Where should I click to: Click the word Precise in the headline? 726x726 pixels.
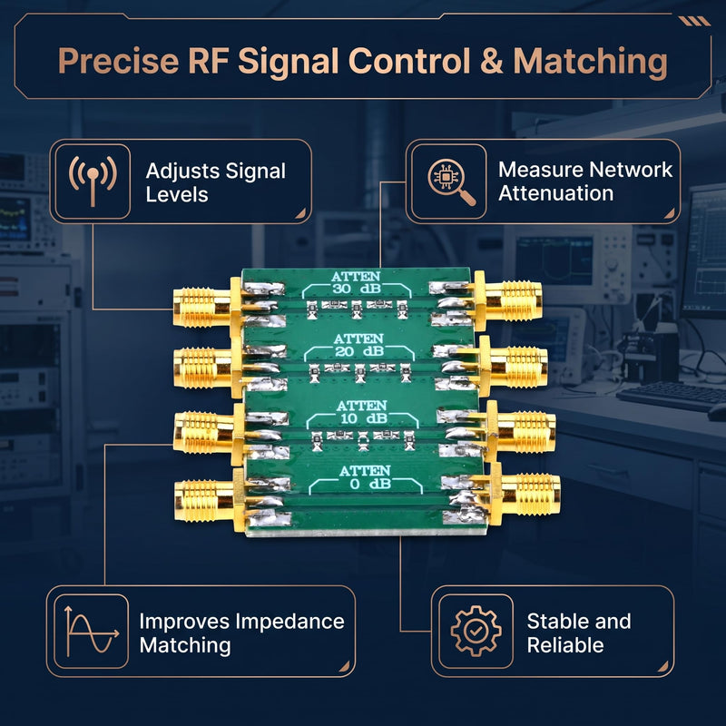(x=118, y=61)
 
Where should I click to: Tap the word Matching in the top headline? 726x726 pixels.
(x=591, y=63)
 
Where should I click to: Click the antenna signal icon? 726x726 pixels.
(x=93, y=181)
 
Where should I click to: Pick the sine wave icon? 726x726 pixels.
(x=92, y=631)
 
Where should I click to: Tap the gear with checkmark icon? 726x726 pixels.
(x=476, y=631)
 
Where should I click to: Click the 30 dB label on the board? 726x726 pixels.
(x=357, y=289)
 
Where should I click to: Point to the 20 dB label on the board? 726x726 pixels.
(x=359, y=351)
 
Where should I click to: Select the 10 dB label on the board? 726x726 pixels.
(x=361, y=418)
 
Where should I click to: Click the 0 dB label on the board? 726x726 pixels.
(x=370, y=484)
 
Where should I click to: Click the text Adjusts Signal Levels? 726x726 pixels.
(x=216, y=182)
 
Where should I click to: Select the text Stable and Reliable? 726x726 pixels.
(x=579, y=633)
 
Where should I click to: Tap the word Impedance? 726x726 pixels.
(x=290, y=622)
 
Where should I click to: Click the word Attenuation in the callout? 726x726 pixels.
(x=556, y=193)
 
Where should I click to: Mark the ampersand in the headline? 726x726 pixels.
(x=492, y=61)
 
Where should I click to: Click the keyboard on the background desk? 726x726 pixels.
(x=671, y=396)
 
